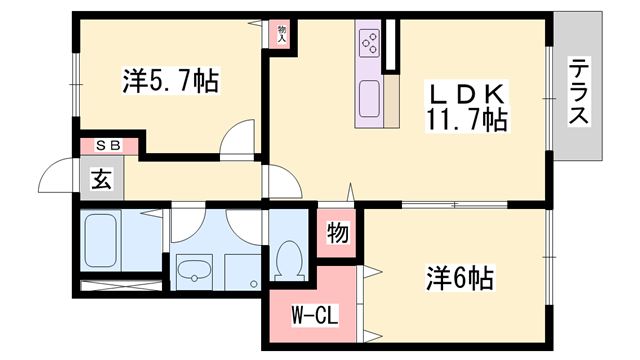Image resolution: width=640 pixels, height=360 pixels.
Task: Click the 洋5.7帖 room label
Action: click(171, 81)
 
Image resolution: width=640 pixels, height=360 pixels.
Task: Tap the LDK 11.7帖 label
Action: click(467, 107)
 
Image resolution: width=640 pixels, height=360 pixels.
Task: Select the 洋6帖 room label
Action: click(460, 278)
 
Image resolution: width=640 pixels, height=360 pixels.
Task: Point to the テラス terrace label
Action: click(579, 91)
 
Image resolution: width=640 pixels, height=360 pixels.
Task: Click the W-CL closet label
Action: click(315, 316)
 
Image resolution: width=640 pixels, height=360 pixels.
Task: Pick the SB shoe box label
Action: click(108, 145)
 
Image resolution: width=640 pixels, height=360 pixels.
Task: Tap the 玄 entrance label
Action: click(101, 179)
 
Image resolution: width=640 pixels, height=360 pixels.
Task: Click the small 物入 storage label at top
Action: click(282, 34)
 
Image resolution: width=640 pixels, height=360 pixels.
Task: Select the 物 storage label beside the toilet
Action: click(338, 233)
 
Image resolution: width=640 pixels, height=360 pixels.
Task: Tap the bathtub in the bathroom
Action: click(100, 240)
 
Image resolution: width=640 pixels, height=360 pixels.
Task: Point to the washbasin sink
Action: click(194, 270)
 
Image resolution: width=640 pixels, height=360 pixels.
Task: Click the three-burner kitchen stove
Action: click(369, 43)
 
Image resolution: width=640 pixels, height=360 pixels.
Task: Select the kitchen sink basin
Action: click(369, 98)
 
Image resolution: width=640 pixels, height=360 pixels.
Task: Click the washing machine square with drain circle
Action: click(243, 272)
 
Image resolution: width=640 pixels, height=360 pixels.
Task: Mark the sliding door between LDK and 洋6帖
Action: click(454, 204)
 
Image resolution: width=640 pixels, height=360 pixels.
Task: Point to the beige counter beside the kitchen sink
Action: click(391, 101)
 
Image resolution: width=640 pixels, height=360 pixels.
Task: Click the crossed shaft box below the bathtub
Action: click(121, 286)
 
